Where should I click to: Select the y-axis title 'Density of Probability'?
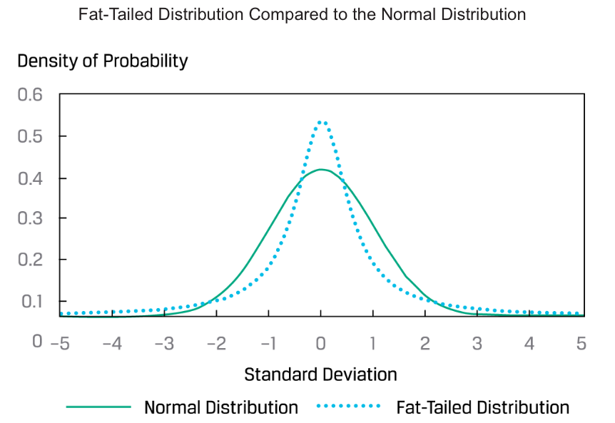click(103, 61)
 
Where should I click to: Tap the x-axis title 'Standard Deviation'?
click(320, 374)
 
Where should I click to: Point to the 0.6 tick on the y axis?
click(30, 95)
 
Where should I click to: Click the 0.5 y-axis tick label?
click(30, 136)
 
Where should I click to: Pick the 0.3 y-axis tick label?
click(30, 218)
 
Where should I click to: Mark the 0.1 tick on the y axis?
click(30, 301)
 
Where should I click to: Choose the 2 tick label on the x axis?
click(425, 344)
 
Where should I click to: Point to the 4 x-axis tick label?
click(529, 344)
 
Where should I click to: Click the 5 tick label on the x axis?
click(581, 344)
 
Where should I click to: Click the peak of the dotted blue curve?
click(322, 122)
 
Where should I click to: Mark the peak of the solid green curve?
click(322, 170)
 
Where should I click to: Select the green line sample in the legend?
click(99, 407)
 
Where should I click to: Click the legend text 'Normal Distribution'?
click(221, 407)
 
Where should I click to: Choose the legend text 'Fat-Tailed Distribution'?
click(482, 407)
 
